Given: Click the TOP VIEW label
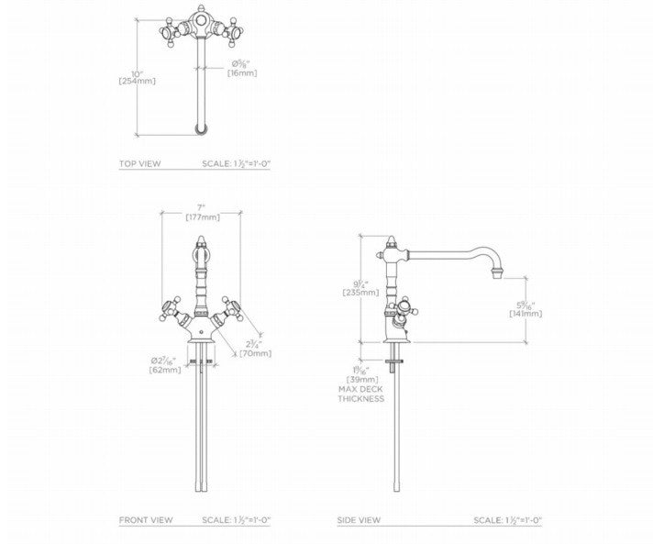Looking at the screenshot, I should pos(139,164).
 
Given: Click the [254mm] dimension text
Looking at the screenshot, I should pos(137,81).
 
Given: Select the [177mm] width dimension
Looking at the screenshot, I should pos(202,217).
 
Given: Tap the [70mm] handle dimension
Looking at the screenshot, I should pos(255,352).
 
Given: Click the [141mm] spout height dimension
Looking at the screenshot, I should pos(526,313).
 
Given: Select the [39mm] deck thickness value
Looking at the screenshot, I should pos(361,379).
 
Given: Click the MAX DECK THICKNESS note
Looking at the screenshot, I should pos(360,394).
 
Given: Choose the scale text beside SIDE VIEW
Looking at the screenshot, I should pos(507,520).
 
